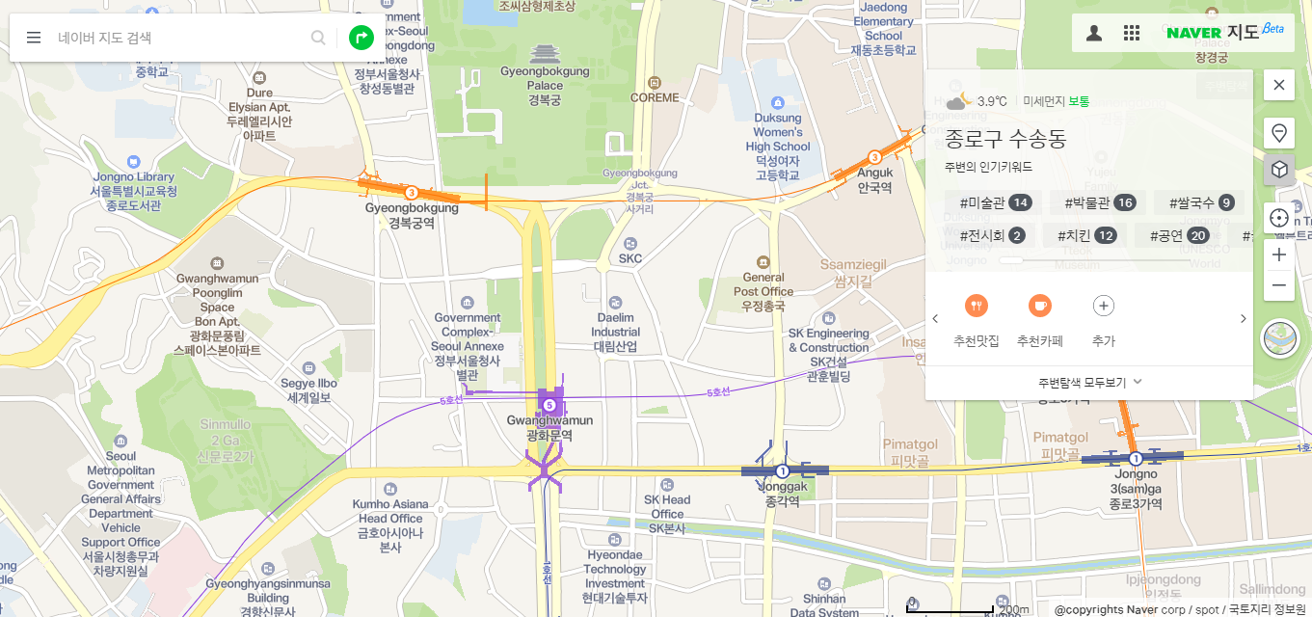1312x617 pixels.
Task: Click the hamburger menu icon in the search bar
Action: pyautogui.click(x=34, y=38)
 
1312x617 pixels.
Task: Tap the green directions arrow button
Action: pyautogui.click(x=361, y=38)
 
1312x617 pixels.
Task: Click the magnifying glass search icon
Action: pyautogui.click(x=318, y=38)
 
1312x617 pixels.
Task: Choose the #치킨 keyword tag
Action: pyautogui.click(x=1087, y=235)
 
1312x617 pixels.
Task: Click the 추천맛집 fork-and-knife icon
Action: pyautogui.click(x=977, y=306)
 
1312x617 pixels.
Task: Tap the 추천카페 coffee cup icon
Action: pyautogui.click(x=1039, y=306)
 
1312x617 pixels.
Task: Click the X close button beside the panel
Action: pyautogui.click(x=1279, y=85)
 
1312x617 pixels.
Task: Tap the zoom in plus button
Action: pyautogui.click(x=1279, y=255)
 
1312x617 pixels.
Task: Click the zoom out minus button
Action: pyautogui.click(x=1279, y=285)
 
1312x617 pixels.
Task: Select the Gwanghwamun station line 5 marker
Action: pyautogui.click(x=549, y=405)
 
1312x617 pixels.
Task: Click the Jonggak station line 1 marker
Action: pyautogui.click(x=783, y=471)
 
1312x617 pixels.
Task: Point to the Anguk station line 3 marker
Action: pyautogui.click(x=874, y=157)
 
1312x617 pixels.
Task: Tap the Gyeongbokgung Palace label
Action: pyautogui.click(x=545, y=78)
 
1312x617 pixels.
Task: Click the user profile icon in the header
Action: pyautogui.click(x=1094, y=33)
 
